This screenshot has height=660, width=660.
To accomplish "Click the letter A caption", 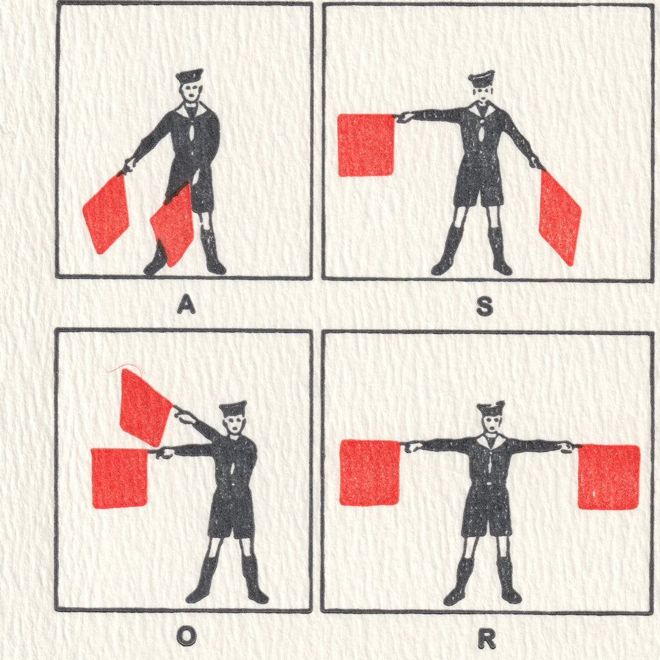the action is coord(186,304).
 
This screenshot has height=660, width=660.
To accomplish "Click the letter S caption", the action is coord(485,306).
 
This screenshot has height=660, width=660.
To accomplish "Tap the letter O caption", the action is coord(186,636).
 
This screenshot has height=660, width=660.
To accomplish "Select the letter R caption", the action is coord(487,640).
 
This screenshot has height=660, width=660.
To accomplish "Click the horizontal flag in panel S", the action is coord(366,145).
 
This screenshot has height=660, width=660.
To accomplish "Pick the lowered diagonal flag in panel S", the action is coord(559,218).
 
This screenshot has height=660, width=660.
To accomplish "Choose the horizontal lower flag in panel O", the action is coord(119,478).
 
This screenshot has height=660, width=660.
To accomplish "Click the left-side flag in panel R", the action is coord(369,472).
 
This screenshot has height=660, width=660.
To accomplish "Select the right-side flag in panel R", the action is coord(608,476).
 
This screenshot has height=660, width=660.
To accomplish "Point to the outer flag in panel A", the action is coord(106,214).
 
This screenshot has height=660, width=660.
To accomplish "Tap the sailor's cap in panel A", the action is coord(189,76).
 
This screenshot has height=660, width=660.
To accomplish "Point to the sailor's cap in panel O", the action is coord(232,408).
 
